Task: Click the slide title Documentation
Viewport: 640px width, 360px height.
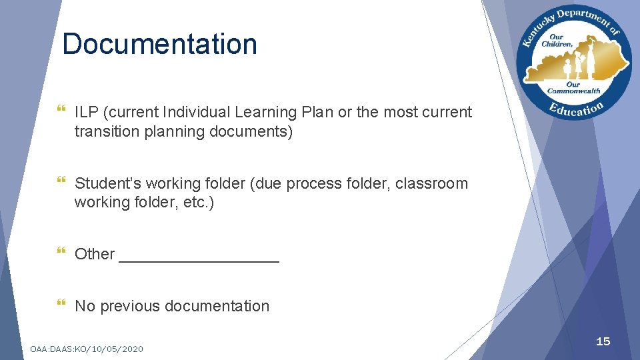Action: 159,44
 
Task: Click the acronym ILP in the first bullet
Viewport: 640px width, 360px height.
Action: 85,112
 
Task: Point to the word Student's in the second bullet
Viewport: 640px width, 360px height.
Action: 107,183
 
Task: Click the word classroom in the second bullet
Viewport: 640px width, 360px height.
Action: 431,183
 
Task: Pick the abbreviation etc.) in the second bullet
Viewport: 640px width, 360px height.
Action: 197,202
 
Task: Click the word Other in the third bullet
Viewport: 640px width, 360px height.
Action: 95,254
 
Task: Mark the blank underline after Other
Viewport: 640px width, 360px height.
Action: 199,259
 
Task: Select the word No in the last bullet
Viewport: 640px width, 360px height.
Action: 85,306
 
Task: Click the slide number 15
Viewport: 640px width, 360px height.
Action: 603,341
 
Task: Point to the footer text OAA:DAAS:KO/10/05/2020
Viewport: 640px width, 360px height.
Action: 87,349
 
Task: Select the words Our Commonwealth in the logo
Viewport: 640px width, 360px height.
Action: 573,88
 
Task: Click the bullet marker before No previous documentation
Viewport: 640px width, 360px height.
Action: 62,305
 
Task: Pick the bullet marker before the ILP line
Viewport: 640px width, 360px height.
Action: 62,111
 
